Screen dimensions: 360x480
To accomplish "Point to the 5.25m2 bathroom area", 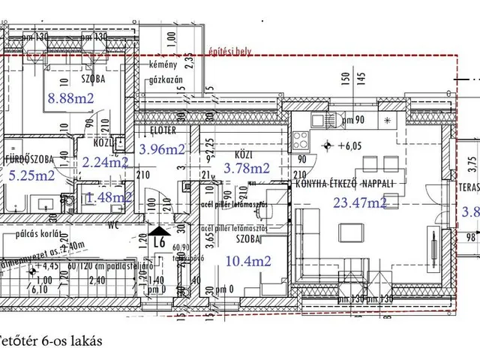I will coord(31,175).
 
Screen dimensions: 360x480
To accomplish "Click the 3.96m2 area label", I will coord(162,148).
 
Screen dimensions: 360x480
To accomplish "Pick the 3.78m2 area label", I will coord(247,168).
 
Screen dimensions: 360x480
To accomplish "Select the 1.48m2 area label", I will coord(109,197).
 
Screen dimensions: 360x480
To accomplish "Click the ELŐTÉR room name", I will coord(158,130).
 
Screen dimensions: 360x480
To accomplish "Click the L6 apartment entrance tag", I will coord(158,243).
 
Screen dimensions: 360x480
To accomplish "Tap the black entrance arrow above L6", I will coord(159,231).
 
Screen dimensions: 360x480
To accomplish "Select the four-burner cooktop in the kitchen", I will coord(301,138).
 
